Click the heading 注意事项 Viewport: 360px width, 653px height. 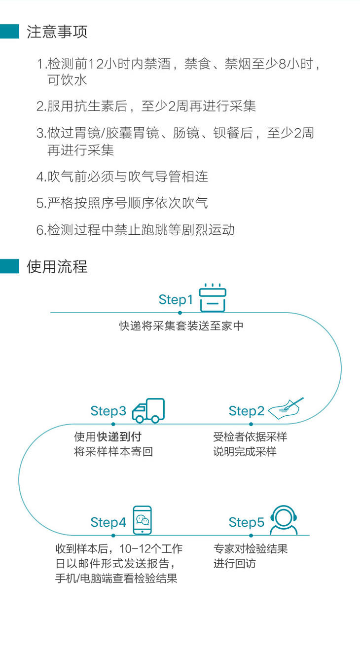pyautogui.click(x=57, y=32)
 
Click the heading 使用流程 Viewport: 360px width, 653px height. pyautogui.click(x=57, y=267)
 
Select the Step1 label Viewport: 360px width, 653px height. pyautogui.click(x=176, y=299)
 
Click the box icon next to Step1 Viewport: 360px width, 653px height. pyautogui.click(x=213, y=297)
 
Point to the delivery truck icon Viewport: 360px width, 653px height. pyautogui.click(x=148, y=411)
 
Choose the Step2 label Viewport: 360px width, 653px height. pyautogui.click(x=246, y=411)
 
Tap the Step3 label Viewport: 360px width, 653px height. pyautogui.click(x=108, y=411)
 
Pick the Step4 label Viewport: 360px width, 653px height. pyautogui.click(x=108, y=522)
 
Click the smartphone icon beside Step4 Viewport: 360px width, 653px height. pyautogui.click(x=142, y=520)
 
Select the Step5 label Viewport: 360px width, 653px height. pyautogui.click(x=246, y=522)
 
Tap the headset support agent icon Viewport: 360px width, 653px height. pyautogui.click(x=284, y=520)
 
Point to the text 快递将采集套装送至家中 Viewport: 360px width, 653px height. pyautogui.click(x=181, y=326)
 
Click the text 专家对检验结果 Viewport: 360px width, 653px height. pyautogui.click(x=250, y=548)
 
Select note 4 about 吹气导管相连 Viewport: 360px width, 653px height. pyautogui.click(x=122, y=177)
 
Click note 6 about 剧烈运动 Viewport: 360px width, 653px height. pyautogui.click(x=135, y=229)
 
